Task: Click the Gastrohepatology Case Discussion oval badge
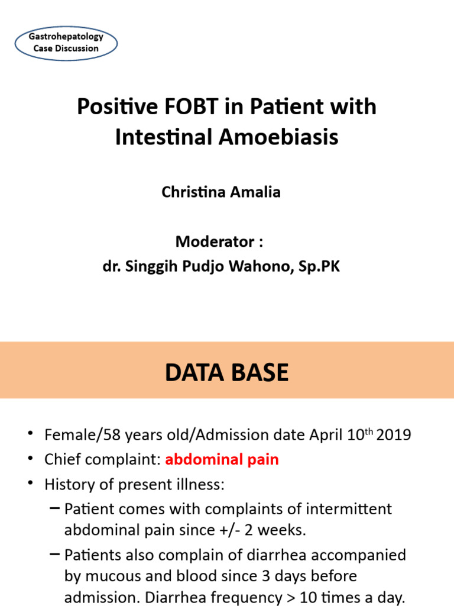click(x=66, y=43)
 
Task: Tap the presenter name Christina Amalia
click(x=221, y=193)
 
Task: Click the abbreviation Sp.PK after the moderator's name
click(x=323, y=267)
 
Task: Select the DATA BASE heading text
click(x=226, y=373)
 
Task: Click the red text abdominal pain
click(x=222, y=460)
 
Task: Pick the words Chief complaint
click(x=102, y=460)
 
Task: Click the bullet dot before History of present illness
click(x=30, y=484)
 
